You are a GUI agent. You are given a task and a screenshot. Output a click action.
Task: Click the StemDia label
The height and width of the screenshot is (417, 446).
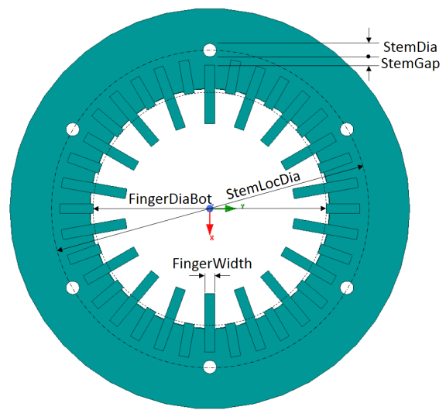click(x=410, y=47)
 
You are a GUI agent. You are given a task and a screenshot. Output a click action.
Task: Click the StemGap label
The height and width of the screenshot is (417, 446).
click(x=410, y=64)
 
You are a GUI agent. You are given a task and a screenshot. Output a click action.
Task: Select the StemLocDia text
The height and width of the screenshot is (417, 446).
click(x=263, y=185)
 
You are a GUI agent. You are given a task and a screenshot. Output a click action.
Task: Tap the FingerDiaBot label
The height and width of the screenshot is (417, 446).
click(x=170, y=198)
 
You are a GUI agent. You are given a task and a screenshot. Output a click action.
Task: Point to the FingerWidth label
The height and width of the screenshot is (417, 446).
click(x=212, y=264)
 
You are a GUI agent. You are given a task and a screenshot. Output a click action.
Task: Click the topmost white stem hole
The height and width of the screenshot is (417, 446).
click(x=210, y=50)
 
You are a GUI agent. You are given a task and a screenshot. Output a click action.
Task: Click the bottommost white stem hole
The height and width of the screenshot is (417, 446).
click(x=210, y=367)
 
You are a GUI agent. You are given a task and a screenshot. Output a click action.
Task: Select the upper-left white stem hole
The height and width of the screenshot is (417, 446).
click(x=73, y=129)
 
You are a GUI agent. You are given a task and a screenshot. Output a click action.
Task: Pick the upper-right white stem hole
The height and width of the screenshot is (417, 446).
click(x=347, y=129)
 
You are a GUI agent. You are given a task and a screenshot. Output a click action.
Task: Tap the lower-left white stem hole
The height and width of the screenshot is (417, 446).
click(x=73, y=288)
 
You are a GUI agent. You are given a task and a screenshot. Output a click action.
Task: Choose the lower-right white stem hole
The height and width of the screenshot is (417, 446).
click(x=347, y=288)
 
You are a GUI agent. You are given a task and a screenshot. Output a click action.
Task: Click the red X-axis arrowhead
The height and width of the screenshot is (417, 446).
click(x=210, y=229)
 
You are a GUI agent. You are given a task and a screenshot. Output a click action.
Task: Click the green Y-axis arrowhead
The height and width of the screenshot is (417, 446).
click(x=231, y=208)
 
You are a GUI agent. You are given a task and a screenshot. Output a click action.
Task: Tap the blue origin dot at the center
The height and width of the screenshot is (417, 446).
click(x=210, y=208)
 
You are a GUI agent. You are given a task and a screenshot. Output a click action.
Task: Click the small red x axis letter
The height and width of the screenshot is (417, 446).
click(x=212, y=238)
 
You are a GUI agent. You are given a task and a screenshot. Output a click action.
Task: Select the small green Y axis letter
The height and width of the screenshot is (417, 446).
click(x=242, y=206)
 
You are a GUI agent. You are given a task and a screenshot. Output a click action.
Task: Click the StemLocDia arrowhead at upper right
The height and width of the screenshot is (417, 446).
click(x=361, y=167)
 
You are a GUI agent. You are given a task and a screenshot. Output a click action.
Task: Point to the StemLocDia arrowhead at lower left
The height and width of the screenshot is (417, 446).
click(x=60, y=250)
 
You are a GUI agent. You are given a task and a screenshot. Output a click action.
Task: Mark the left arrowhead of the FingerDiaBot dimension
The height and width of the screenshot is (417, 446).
click(x=96, y=208)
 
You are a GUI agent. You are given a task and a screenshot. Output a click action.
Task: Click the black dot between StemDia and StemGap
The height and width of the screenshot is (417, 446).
click(x=369, y=57)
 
